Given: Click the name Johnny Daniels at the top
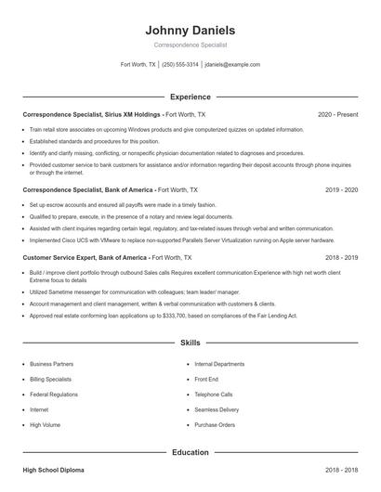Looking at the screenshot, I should [x=190, y=30].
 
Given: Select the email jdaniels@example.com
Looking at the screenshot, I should [x=232, y=65].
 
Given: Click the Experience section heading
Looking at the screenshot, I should [x=190, y=97].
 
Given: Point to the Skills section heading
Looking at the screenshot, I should [x=190, y=343].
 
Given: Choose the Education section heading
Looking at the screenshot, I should [x=190, y=452].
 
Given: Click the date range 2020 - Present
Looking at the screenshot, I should [x=337, y=114].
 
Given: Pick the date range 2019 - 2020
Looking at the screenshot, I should [x=341, y=188].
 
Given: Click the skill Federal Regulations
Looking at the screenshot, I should [x=54, y=394].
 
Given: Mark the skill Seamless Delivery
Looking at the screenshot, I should [x=217, y=409].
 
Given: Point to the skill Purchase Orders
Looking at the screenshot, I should [x=214, y=424].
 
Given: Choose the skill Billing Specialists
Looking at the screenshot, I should [x=52, y=379].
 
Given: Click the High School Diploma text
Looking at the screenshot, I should [x=53, y=471].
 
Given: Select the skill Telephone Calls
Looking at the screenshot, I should [x=214, y=394].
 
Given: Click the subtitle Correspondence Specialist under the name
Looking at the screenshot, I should [x=190, y=45].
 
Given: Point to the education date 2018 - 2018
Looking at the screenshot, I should [x=341, y=471].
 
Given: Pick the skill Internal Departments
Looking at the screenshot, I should [x=219, y=364].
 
